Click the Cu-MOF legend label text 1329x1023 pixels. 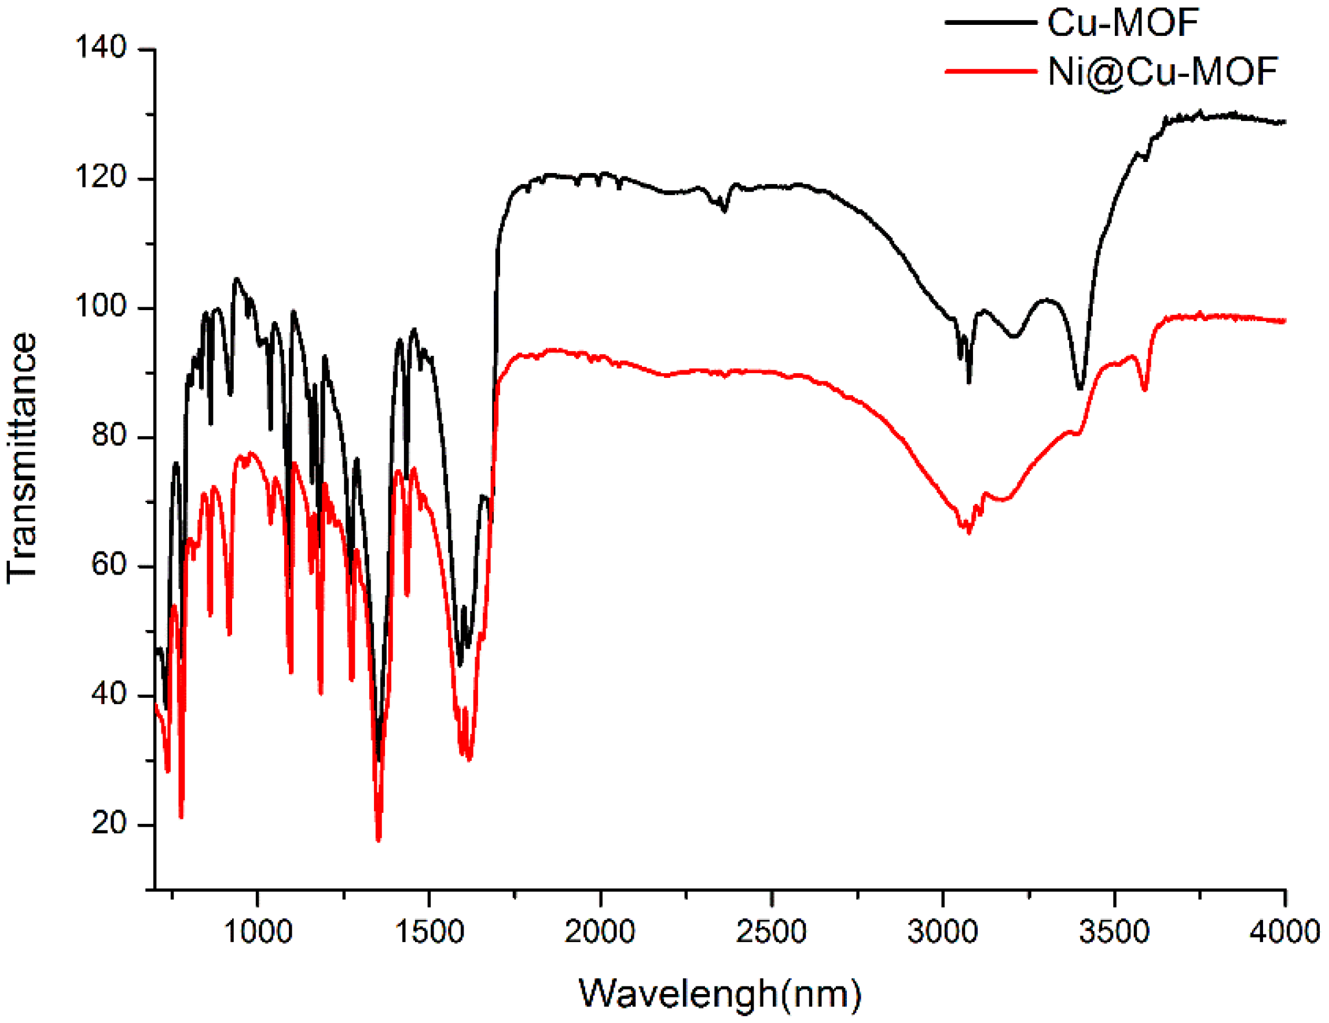pyautogui.click(x=1123, y=23)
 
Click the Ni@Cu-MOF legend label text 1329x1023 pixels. pyautogui.click(x=1162, y=72)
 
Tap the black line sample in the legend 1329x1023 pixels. pyautogui.click(x=990, y=23)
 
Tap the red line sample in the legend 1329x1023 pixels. pyautogui.click(x=990, y=71)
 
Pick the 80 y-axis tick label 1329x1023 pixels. pyautogui.click(x=109, y=435)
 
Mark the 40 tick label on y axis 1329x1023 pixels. pyautogui.click(x=109, y=693)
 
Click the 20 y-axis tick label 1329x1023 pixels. pyautogui.click(x=109, y=823)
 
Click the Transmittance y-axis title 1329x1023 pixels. pyautogui.click(x=22, y=459)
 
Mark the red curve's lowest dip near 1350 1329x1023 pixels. pyautogui.click(x=379, y=840)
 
